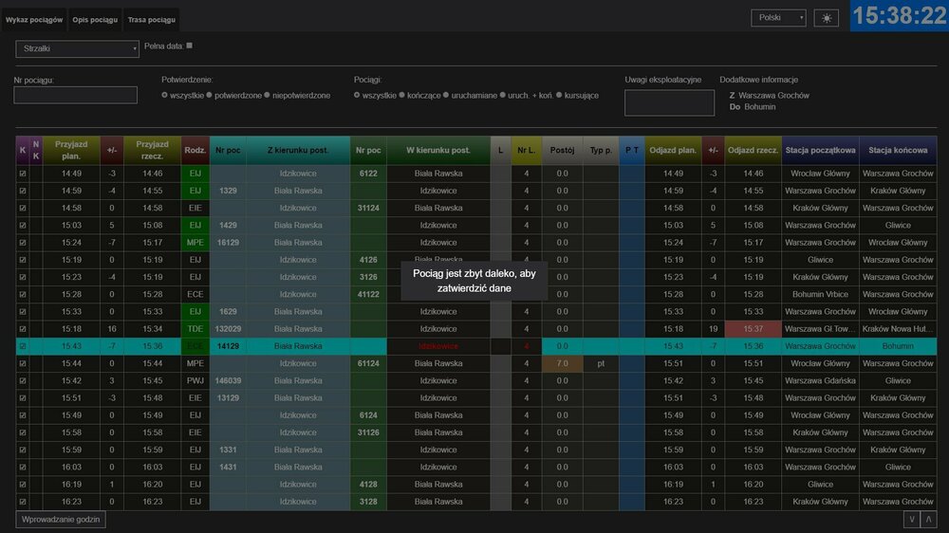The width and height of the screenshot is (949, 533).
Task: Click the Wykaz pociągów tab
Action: coord(34,19)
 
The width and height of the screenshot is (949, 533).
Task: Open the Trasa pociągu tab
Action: coord(152,19)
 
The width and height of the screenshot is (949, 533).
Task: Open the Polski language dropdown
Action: coord(778,18)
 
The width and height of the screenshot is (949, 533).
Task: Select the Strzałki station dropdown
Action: coord(77,48)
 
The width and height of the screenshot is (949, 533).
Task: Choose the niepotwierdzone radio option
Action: coord(268,96)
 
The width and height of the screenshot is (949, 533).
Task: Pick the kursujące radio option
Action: coord(560,96)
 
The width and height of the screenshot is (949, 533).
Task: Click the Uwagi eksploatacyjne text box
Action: coord(669,102)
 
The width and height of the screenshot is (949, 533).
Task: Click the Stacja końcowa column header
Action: coord(897,150)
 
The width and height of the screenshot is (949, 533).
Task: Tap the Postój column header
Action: coord(562,150)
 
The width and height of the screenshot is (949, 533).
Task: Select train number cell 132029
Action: coord(228,329)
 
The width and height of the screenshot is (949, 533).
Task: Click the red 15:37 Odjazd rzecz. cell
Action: coord(753,329)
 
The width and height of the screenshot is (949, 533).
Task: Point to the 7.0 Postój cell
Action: coord(562,363)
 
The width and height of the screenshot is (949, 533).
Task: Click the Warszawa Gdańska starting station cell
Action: coord(820,380)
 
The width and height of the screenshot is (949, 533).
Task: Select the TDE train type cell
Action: coord(195,329)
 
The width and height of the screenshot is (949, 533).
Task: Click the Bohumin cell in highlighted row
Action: coord(897,346)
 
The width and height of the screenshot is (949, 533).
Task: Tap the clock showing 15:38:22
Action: coord(899,16)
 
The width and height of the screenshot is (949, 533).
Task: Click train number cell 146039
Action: coord(228,380)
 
